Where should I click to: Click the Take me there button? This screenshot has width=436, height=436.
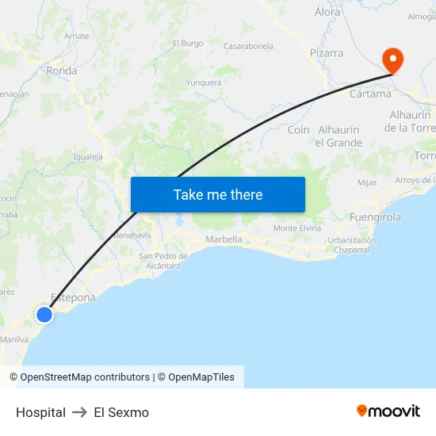pyautogui.click(x=218, y=194)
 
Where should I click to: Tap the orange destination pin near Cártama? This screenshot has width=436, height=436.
pyautogui.click(x=392, y=60)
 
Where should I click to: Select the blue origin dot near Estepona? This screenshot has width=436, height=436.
pyautogui.click(x=44, y=315)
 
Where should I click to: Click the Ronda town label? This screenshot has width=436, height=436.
pyautogui.click(x=62, y=71)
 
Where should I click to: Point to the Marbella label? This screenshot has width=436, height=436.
pyautogui.click(x=224, y=239)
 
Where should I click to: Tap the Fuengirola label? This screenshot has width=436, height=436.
pyautogui.click(x=375, y=216)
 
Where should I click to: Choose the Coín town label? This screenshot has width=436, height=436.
pyautogui.click(x=298, y=129)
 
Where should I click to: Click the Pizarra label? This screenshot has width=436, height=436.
pyautogui.click(x=327, y=53)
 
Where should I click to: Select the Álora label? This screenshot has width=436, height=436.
pyautogui.click(x=327, y=12)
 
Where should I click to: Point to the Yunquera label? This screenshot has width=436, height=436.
pyautogui.click(x=203, y=82)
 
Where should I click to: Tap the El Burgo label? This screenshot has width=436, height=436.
pyautogui.click(x=188, y=44)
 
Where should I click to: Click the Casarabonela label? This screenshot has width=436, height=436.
pyautogui.click(x=248, y=46)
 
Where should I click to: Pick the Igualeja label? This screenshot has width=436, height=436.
pyautogui.click(x=88, y=157)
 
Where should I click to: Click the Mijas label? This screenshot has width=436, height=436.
pyautogui.click(x=367, y=182)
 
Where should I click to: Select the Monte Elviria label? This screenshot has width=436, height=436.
pyautogui.click(x=297, y=228)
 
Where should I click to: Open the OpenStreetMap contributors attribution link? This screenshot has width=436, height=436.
pyautogui.click(x=85, y=377)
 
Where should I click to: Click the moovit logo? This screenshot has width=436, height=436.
pyautogui.click(x=388, y=411)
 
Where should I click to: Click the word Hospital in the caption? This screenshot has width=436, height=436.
pyautogui.click(x=40, y=412)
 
